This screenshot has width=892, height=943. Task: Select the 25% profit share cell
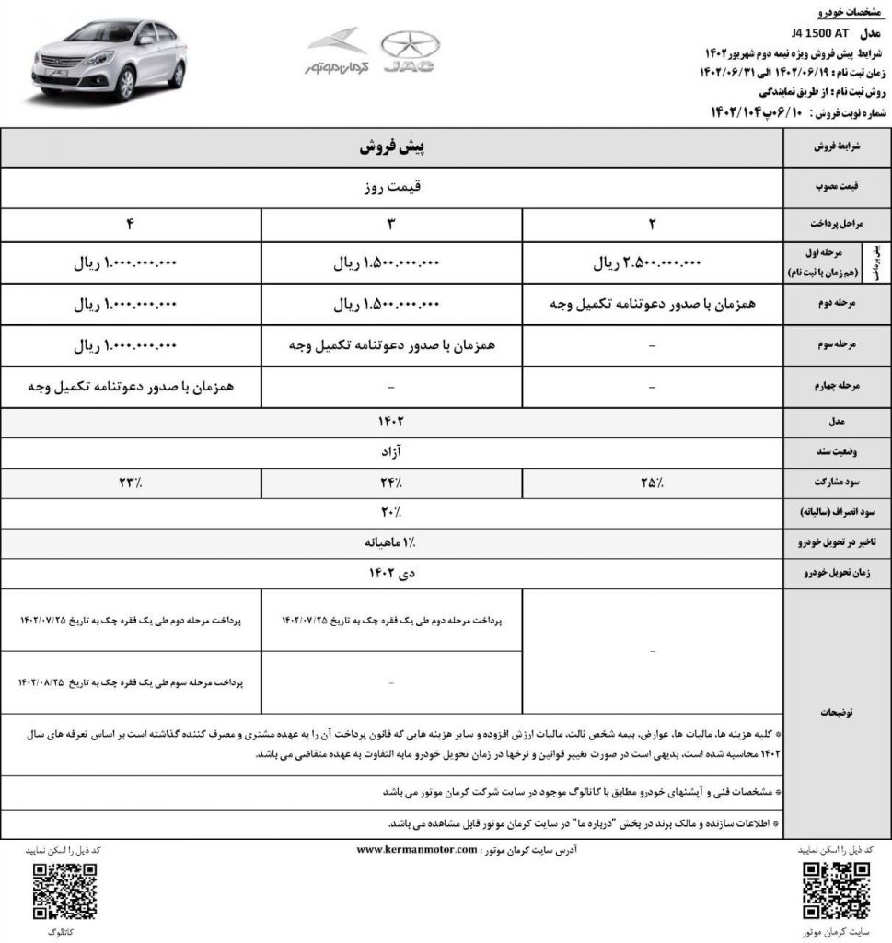click(652, 482)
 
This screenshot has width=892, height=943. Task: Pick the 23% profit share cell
click(131, 482)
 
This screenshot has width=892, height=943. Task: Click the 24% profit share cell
click(391, 482)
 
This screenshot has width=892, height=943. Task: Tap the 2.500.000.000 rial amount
click(651, 262)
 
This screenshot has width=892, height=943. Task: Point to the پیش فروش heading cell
click(391, 147)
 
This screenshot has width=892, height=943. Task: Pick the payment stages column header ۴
click(131, 224)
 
